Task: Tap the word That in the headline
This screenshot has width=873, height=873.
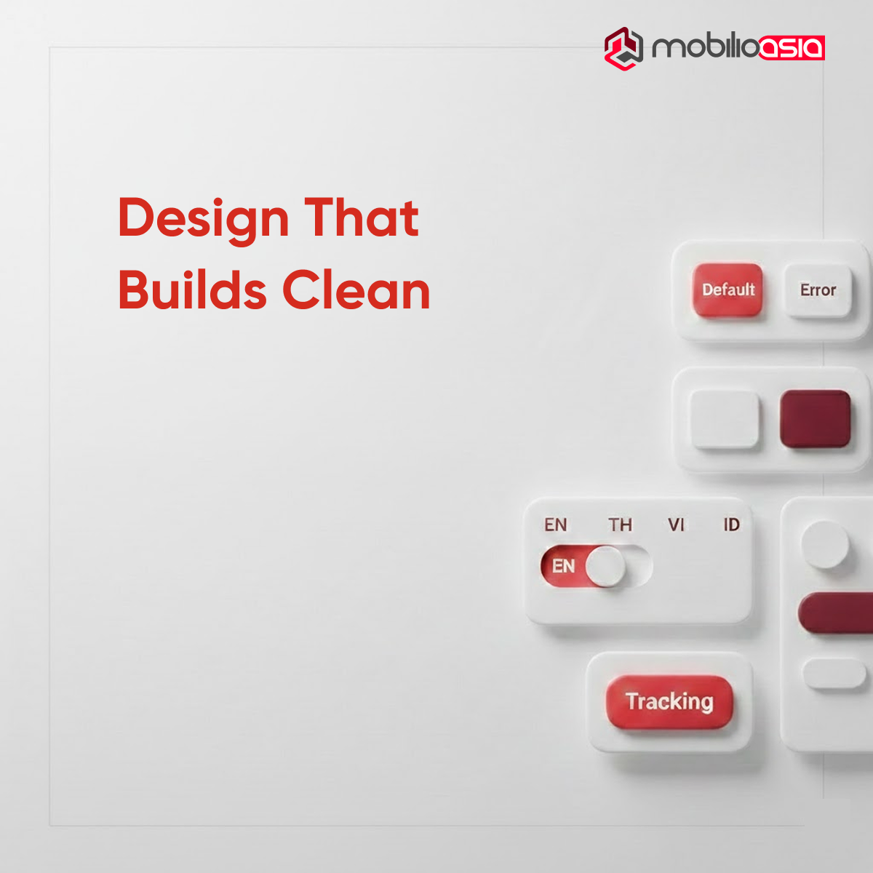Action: (x=362, y=218)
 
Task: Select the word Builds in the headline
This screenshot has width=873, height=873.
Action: (x=192, y=290)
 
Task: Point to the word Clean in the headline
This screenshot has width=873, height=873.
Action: (x=356, y=290)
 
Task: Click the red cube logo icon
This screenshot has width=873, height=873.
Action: (x=623, y=48)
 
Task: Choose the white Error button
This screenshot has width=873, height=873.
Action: (x=818, y=290)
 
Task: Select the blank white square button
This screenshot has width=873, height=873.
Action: (x=724, y=420)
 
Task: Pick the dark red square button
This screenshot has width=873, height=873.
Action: (x=815, y=418)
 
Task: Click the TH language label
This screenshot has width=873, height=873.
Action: (x=620, y=525)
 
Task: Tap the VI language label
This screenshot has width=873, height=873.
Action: (x=676, y=525)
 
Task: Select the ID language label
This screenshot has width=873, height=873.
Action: (x=731, y=525)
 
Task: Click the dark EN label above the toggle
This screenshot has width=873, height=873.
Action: (x=555, y=525)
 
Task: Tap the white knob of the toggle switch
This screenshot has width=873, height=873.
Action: (x=605, y=567)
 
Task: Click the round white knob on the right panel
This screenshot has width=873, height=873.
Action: (x=825, y=544)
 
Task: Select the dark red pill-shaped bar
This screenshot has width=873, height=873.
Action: (x=837, y=613)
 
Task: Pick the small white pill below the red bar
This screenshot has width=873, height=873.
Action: (x=834, y=673)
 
